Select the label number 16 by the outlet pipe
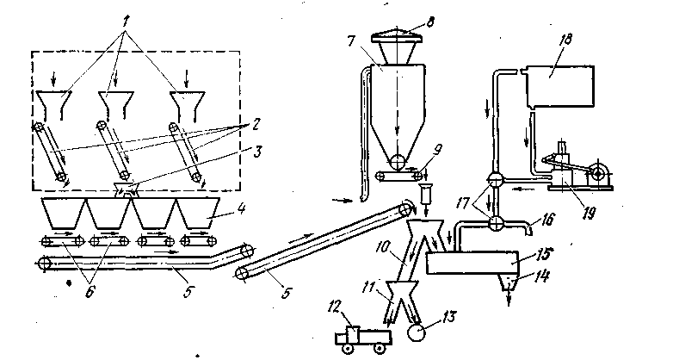pos(540,219)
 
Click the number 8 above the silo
pos(429,21)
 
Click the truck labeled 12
pos(363,337)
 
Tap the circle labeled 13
pos(416,332)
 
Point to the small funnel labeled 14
pos(509,282)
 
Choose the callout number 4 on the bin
pos(242,210)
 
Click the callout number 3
pos(257,152)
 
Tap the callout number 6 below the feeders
pos(90,293)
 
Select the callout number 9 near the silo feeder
pos(436,150)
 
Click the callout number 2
pos(255,125)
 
